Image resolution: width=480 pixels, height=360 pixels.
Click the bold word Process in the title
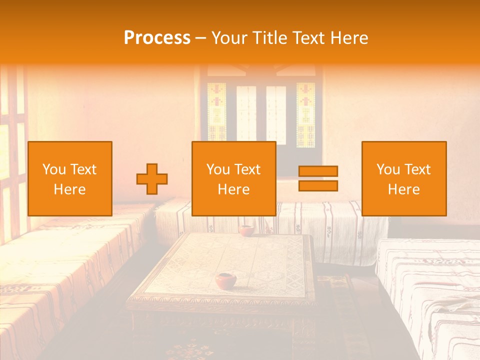click(157, 38)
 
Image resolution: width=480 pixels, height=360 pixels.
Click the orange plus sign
click(152, 179)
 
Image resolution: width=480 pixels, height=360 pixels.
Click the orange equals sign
click(318, 178)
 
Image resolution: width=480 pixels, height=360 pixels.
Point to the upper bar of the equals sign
click(318, 171)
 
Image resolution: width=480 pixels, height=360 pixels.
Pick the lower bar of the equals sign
click(318, 186)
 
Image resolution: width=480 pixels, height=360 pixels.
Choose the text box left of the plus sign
click(70, 178)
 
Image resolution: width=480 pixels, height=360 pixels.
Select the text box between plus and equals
click(234, 178)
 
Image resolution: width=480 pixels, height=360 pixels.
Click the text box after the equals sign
click(404, 178)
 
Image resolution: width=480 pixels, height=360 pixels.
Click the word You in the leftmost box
click(53, 169)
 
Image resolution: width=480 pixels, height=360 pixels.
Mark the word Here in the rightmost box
click(404, 189)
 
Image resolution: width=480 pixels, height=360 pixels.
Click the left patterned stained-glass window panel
click(217, 111)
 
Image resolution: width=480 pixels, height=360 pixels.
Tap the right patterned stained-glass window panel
click(305, 114)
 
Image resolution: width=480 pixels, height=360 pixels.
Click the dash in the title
click(201, 38)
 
